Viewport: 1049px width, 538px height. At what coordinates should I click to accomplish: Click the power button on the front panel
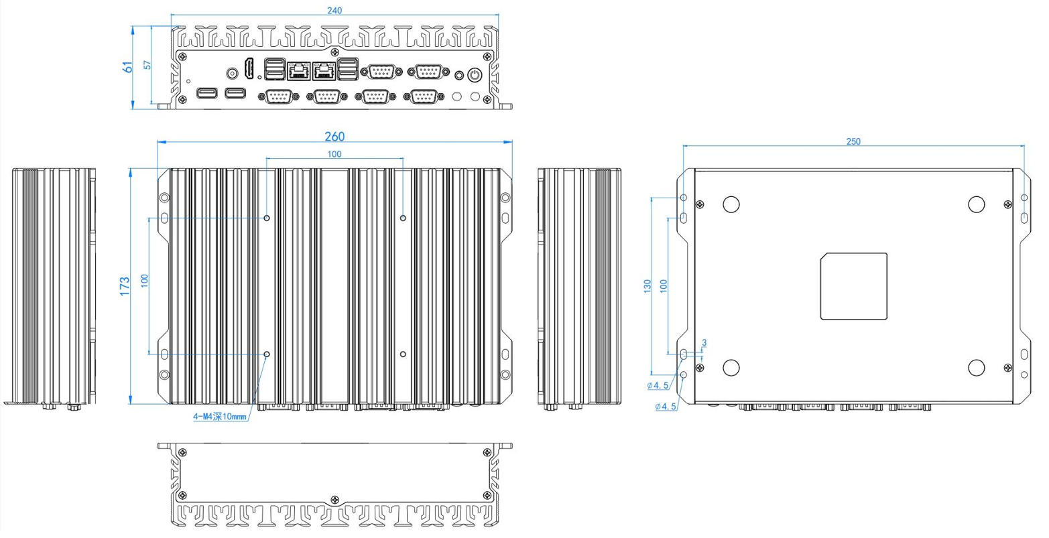point(475,74)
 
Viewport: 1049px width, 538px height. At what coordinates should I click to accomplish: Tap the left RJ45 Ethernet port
point(297,70)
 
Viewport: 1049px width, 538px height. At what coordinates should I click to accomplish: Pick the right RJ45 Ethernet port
point(325,70)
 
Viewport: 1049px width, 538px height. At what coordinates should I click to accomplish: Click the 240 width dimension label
point(334,10)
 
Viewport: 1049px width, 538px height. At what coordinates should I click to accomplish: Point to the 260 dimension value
point(334,137)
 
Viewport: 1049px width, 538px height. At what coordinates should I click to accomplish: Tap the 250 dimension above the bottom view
point(853,141)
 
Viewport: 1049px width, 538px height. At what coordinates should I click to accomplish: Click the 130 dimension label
point(647,286)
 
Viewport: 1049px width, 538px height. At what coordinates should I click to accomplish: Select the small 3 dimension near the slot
point(704,343)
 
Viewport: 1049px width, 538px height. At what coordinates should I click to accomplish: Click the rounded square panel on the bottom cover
point(854,286)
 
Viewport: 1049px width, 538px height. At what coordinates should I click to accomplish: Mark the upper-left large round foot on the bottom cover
point(731,204)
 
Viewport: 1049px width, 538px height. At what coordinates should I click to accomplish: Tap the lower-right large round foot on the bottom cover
point(977,368)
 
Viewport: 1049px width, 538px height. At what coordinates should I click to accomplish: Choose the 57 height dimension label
point(147,65)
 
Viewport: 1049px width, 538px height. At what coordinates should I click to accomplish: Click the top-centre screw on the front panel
point(334,52)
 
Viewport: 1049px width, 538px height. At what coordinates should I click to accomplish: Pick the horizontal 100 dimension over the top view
point(334,154)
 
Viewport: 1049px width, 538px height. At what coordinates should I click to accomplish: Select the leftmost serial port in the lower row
point(279,96)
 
